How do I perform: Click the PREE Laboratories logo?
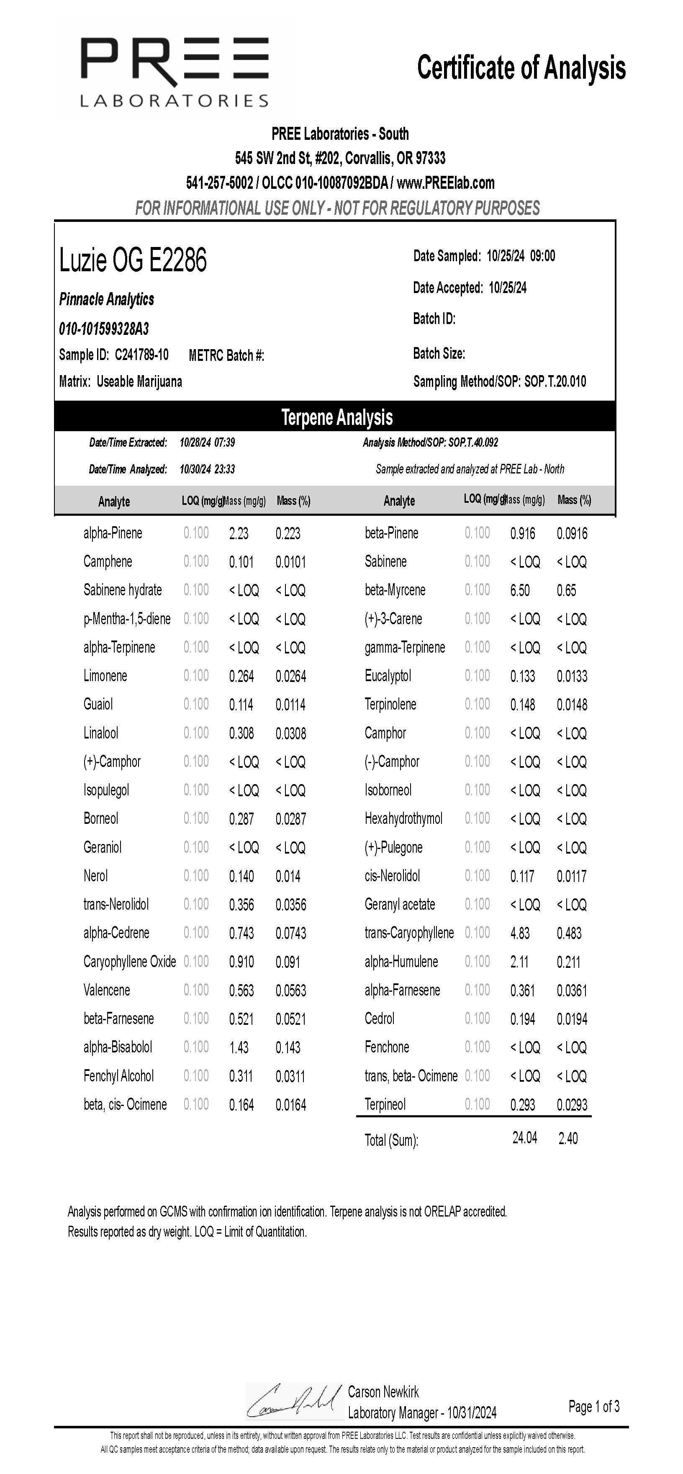tap(175, 71)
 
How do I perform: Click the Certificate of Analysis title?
tap(521, 68)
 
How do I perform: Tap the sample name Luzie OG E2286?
tap(133, 260)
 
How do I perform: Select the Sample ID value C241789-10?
tap(142, 355)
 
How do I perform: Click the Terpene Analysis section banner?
tap(336, 417)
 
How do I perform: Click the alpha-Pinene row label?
tap(113, 533)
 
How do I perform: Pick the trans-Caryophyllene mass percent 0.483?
tap(569, 933)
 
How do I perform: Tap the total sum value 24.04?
tap(524, 1137)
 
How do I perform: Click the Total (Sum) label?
tap(391, 1140)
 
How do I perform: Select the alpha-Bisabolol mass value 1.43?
tap(239, 1048)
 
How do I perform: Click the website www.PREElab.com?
tap(446, 183)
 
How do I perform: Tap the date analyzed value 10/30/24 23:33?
tap(207, 469)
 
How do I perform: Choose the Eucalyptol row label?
tap(388, 677)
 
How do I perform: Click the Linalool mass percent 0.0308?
tap(290, 733)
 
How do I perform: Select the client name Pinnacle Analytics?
tap(107, 299)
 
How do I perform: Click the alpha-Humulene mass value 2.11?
tap(519, 962)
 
